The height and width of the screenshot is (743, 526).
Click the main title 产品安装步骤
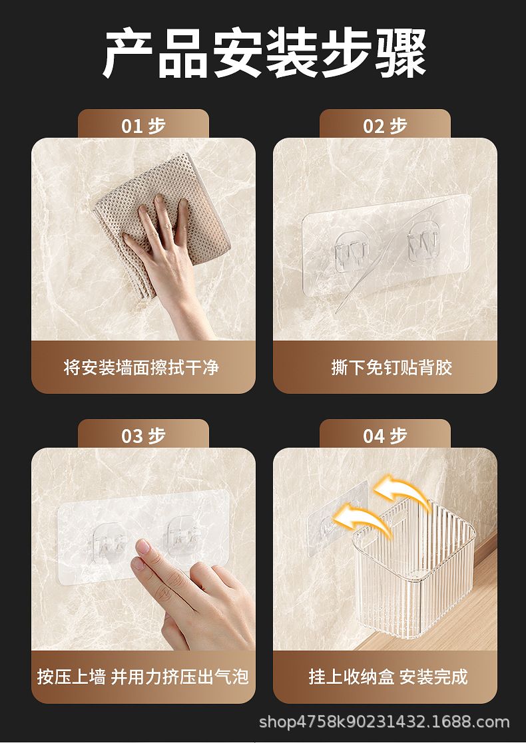pos(264,53)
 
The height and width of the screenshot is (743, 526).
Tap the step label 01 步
pos(143,126)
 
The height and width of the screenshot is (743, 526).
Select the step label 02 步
pos(385,126)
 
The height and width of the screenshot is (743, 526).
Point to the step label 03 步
pos(143,436)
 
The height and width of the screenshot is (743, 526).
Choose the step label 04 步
pos(385,436)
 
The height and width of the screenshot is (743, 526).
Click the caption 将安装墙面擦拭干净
pos(141,367)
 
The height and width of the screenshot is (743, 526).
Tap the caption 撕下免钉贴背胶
pos(392,367)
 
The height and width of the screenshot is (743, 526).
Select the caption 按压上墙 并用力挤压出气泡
pos(142,676)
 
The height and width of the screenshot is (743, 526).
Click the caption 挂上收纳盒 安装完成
pos(388,676)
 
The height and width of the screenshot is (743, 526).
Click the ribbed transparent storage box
pos(413,569)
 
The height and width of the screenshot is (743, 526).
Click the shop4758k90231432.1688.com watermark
pos(384,722)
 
